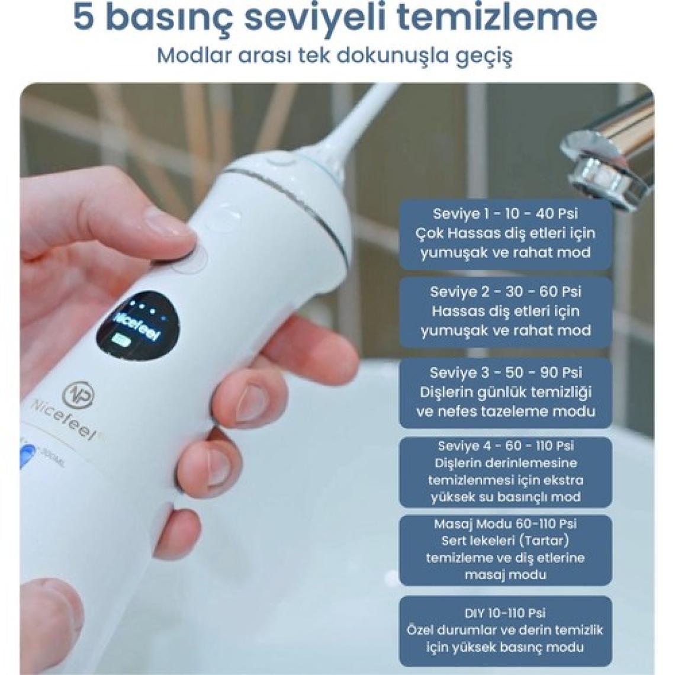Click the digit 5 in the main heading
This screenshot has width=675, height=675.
(x=83, y=18)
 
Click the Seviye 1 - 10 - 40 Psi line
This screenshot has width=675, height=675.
(x=505, y=214)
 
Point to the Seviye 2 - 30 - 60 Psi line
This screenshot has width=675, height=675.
(x=506, y=292)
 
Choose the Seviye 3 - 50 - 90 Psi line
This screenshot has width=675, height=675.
(x=506, y=372)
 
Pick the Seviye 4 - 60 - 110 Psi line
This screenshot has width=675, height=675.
(x=506, y=446)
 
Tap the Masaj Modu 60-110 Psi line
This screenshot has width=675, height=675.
(x=505, y=524)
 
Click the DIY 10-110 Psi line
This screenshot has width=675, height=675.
(x=505, y=613)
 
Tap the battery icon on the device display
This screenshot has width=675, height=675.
(x=120, y=340)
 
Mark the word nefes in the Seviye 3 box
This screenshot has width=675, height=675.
(x=457, y=411)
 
